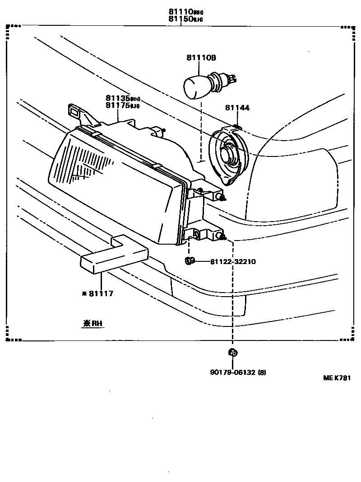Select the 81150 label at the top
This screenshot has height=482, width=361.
coord(181,19)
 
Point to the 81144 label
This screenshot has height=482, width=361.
coord(237,108)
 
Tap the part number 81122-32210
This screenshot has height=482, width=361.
coord(233,261)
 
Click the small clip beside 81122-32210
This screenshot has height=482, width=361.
coord(190,260)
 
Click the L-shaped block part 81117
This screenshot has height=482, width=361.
coord(115,258)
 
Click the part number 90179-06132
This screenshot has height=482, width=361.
coord(233,373)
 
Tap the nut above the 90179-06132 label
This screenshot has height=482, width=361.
coord(233,353)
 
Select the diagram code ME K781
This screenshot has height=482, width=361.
coord(336,378)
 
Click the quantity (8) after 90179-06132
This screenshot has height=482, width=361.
coord(263,373)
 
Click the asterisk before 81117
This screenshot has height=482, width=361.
coord(84,294)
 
